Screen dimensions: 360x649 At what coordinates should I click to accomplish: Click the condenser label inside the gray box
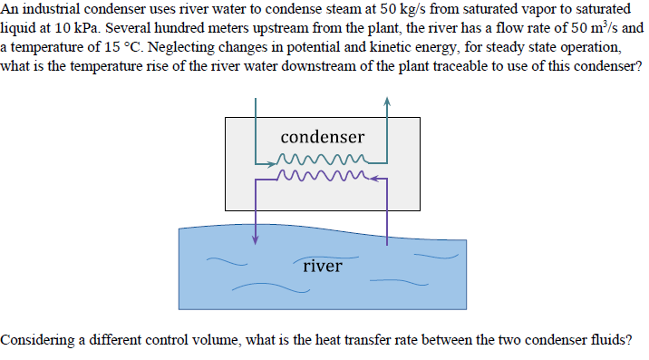coord(322,137)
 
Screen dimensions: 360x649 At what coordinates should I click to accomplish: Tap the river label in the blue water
coord(323,266)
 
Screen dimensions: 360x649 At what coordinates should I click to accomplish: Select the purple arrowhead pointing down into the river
coord(256,239)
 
